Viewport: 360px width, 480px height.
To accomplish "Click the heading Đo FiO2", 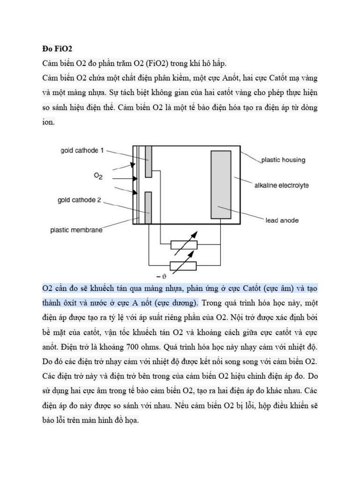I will point(55,48).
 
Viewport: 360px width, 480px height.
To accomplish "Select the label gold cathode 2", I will point(79,200).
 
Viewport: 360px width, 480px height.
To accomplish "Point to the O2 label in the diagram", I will point(98,176).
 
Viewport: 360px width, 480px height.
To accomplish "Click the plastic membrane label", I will point(76,230).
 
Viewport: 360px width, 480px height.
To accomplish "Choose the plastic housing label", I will point(283,160).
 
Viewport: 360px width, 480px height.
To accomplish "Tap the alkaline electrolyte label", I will point(281,186).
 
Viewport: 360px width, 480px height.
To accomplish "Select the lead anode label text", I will point(282,219).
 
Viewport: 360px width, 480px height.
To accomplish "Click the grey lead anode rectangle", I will point(221,184).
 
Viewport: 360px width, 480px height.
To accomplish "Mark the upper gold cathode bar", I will point(149,161).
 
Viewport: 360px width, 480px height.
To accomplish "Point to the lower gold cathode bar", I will point(149,208).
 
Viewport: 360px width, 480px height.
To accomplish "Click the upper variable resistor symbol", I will point(184,244).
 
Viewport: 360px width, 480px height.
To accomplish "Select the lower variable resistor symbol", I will point(184,266).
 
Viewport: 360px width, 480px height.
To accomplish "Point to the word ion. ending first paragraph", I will point(49,122).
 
